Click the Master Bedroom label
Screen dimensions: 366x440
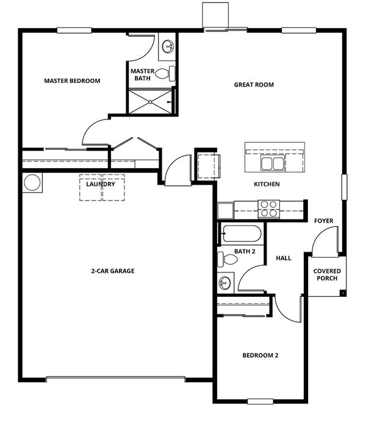72,81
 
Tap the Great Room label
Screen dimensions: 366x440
254,85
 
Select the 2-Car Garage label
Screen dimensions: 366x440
113,271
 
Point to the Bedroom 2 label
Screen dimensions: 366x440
260,355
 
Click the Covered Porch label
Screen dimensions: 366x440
327,275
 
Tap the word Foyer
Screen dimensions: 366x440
324,221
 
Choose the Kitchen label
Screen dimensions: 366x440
267,185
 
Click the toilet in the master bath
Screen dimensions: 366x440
165,74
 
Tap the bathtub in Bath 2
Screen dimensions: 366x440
242,233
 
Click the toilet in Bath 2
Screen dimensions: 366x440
228,259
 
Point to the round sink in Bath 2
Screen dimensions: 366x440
224,282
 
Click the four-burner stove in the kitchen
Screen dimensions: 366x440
269,209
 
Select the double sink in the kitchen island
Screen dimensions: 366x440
272,163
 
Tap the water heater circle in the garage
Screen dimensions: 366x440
32,183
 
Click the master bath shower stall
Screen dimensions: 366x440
150,101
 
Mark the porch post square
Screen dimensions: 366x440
343,293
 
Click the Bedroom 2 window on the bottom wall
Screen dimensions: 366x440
260,402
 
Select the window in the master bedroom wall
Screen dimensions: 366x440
74,30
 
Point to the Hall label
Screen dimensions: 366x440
284,258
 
